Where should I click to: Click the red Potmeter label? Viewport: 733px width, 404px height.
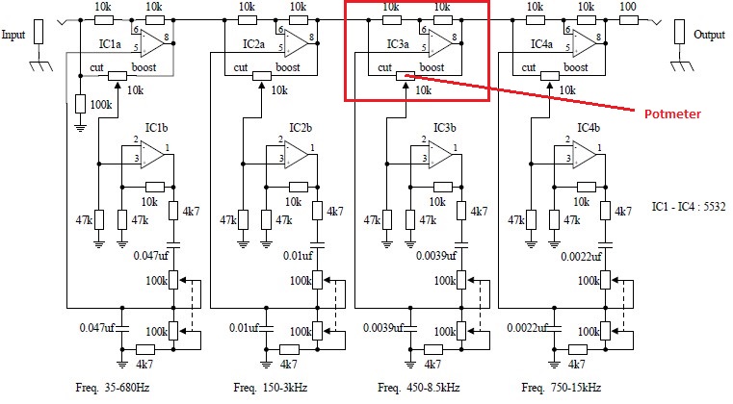(672, 114)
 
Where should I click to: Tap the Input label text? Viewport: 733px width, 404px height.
(13, 35)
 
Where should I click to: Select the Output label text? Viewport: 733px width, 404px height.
(709, 35)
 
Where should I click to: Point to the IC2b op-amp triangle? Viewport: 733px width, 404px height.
(297, 154)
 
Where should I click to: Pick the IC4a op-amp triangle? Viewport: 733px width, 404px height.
(585, 43)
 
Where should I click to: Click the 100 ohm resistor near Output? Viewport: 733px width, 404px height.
(629, 20)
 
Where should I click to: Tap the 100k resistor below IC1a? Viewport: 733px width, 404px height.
(80, 104)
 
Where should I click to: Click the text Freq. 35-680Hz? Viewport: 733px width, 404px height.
(112, 388)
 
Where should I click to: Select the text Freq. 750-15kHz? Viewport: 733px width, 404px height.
(561, 388)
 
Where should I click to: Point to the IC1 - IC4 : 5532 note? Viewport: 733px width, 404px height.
(689, 206)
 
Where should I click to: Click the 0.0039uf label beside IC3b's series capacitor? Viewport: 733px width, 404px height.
(436, 256)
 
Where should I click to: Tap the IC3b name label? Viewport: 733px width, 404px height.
(445, 128)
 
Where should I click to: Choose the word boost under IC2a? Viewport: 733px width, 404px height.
(288, 67)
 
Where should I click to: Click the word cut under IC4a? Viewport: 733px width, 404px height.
(528, 67)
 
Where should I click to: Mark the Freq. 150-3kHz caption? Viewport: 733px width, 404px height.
(271, 388)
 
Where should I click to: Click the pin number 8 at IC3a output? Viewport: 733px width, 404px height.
(455, 38)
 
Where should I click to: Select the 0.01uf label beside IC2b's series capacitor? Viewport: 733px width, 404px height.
(298, 256)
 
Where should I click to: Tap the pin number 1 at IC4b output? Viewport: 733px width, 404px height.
(599, 148)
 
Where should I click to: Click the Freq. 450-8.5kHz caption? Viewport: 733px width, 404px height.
(418, 388)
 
